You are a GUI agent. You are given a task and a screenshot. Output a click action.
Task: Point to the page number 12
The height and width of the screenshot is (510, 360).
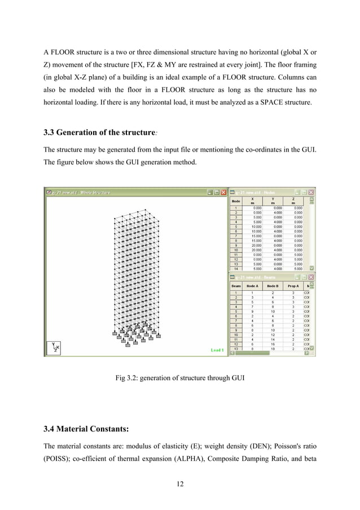point(179,483)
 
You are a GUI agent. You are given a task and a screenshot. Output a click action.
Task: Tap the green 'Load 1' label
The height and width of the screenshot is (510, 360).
point(217,350)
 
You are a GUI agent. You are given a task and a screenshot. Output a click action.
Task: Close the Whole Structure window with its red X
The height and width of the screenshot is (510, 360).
point(222,192)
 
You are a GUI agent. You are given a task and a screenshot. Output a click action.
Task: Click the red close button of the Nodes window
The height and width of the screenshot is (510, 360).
point(311,192)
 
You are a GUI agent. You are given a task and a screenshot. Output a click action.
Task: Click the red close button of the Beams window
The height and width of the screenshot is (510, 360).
point(311,277)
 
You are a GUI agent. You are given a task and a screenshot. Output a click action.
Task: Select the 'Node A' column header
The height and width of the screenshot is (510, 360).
point(253,286)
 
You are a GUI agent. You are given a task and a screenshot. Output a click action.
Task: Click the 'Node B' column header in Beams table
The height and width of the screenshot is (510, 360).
point(273,286)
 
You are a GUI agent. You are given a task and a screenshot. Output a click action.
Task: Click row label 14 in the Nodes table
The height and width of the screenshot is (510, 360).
point(236,269)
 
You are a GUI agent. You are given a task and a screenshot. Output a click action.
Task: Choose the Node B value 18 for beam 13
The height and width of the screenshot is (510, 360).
point(273,349)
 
